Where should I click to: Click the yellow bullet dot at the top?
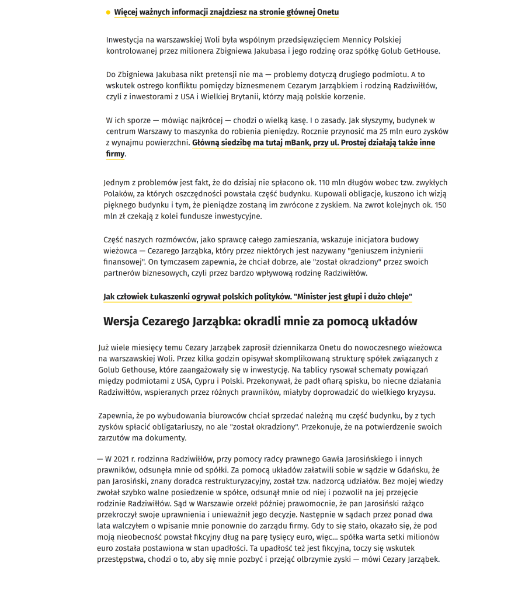tap(108, 12)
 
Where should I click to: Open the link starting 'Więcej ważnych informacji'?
tap(226, 12)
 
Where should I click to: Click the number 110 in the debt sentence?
tap(328, 182)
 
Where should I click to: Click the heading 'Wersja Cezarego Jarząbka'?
tap(260, 322)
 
